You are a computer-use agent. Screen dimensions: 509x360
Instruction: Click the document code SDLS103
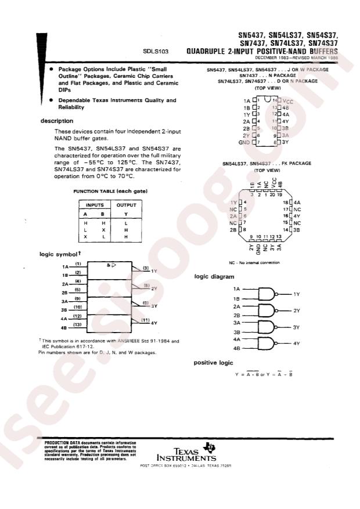[156, 52]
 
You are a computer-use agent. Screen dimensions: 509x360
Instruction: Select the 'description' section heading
[56, 121]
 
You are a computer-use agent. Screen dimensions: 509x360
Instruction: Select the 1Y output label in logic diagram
[296, 295]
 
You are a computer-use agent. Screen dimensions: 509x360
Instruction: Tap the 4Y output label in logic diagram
[296, 344]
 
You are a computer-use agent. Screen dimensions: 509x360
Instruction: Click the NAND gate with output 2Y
[268, 311]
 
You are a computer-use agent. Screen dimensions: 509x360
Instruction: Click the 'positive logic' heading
[213, 363]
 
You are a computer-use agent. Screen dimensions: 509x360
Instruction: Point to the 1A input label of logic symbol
[65, 266]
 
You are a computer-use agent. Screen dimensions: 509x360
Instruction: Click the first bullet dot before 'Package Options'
[52, 68]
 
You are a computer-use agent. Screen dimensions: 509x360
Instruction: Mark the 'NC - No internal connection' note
[254, 262]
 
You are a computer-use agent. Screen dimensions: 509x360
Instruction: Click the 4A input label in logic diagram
[236, 338]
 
